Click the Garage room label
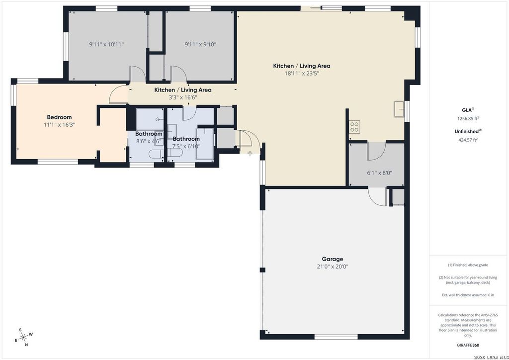[333, 259]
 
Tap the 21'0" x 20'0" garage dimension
[333, 267]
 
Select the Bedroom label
[60, 117]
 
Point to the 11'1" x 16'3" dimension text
[60, 125]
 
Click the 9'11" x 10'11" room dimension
[106, 44]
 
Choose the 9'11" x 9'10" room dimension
[200, 44]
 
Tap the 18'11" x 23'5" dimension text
[302, 74]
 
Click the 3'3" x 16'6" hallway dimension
[183, 97]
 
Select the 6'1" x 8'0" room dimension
[379, 173]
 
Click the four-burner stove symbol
[354, 127]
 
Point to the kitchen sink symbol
[399, 109]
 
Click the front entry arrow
[250, 154]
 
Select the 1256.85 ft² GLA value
[468, 118]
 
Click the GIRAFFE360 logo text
[467, 346]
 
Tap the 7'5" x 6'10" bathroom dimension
[186, 146]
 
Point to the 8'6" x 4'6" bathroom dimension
[149, 142]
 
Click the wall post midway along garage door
[262, 270]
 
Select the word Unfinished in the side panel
[466, 131]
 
